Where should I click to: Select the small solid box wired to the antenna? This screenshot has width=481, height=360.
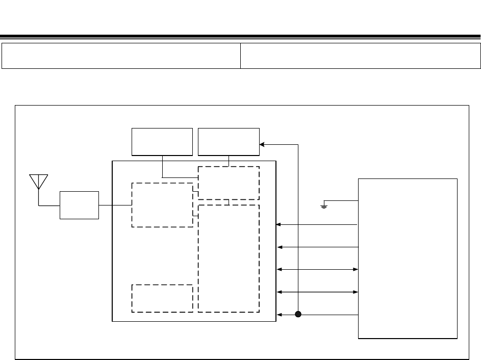coord(79,205)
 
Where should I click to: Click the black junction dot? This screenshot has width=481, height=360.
coord(298,315)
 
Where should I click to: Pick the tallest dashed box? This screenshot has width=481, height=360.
coord(229,258)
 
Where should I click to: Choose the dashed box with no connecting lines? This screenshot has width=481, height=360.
coord(162,298)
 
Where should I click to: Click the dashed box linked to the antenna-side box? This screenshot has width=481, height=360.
coord(162,205)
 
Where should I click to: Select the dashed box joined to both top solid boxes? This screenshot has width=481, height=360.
coord(229,183)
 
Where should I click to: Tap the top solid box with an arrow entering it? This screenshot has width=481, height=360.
coord(229,142)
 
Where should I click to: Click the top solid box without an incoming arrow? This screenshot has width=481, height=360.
coord(162,142)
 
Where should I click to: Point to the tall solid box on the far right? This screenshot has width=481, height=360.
coord(408,258)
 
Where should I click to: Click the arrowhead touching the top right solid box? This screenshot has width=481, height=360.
coord(262,144)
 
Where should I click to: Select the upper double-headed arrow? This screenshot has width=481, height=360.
coord(317,269)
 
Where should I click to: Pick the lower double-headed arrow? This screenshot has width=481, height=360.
coord(317,292)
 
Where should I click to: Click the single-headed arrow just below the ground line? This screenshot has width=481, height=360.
coord(316,224)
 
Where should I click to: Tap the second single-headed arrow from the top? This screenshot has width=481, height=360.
coord(317,247)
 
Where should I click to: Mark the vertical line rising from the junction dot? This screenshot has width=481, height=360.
coord(298,229)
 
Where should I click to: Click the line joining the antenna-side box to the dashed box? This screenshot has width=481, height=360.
coord(115,205)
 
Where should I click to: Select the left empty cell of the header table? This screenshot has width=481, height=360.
coord(121,56)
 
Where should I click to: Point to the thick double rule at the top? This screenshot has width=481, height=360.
coord(240,37)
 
